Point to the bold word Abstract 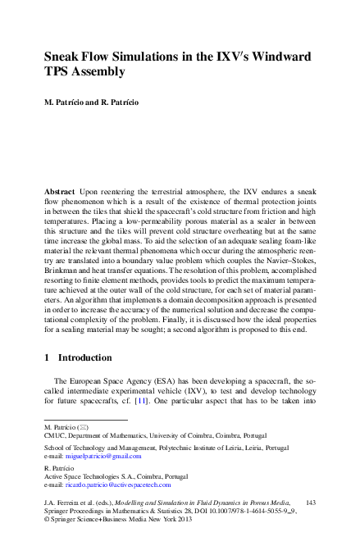61,189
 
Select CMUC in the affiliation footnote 55,437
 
